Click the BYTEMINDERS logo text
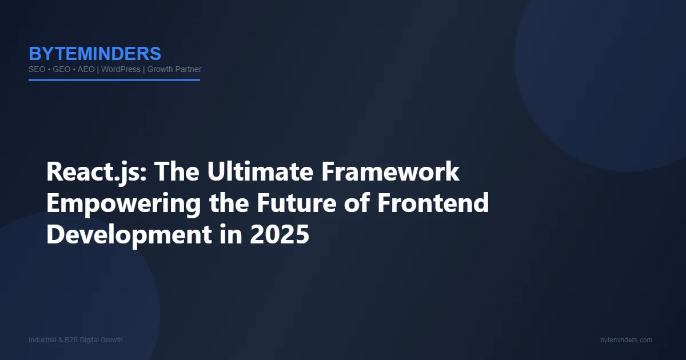pos(95,54)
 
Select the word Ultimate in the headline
pos(260,171)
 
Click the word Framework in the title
pos(390,171)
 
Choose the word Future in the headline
pos(297,203)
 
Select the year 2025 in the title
pos(280,234)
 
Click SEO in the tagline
pos(37,70)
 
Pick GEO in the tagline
pos(62,70)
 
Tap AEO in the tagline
pos(86,70)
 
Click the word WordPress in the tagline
pos(121,70)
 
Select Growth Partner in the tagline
pos(174,70)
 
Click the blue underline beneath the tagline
pos(114,80)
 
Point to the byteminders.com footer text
pos(626,340)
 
